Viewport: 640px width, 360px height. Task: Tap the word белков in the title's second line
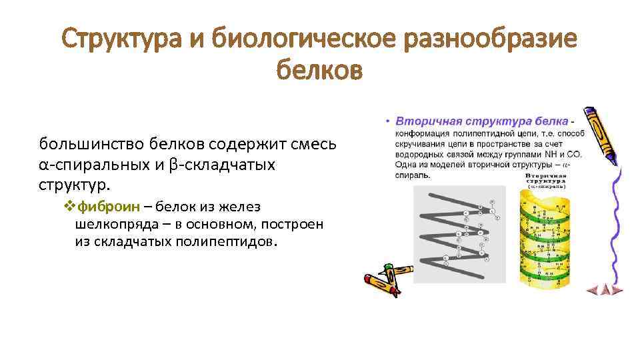[319, 69]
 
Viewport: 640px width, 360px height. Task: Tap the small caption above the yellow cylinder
[545, 182]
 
